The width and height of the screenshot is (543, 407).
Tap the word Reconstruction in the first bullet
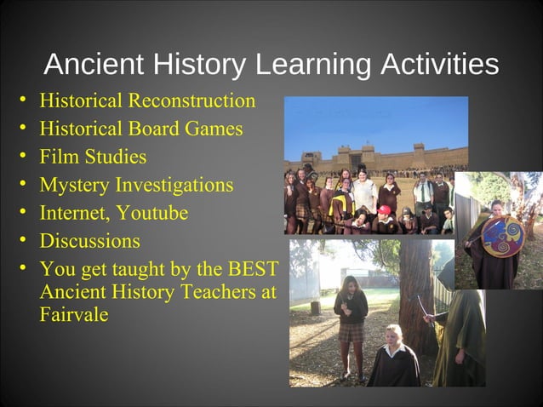[191, 100]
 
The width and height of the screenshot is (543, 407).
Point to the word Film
[57, 157]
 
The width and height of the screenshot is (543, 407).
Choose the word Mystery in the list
[74, 185]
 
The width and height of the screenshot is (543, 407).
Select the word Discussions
[89, 241]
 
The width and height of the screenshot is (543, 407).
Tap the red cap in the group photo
[385, 209]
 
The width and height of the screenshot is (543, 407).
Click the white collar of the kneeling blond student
[392, 348]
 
